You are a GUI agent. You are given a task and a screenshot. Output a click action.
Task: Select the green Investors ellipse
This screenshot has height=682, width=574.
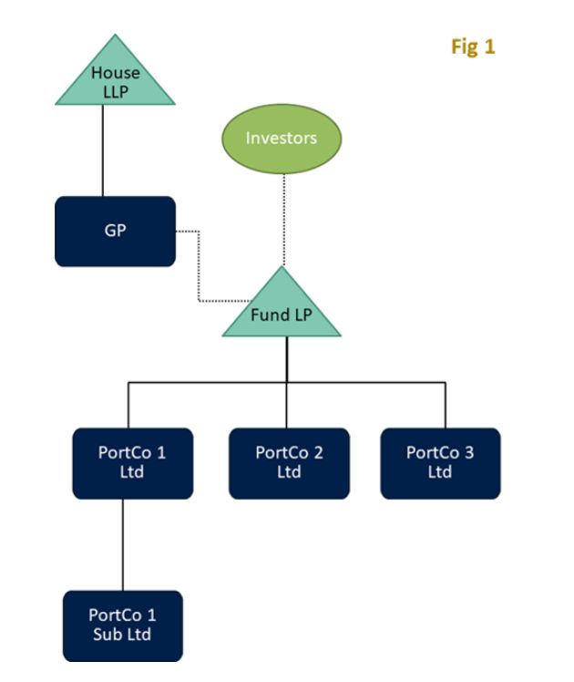(x=282, y=139)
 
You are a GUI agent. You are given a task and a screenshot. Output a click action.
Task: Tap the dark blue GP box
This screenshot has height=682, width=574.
(x=115, y=231)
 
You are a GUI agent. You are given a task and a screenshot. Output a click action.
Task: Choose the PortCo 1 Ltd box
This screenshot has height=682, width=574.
(x=132, y=463)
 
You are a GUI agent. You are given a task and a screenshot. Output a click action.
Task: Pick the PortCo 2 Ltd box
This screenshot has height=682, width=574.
(x=289, y=463)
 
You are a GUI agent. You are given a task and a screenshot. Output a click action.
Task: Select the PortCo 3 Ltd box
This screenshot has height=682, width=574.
(x=440, y=463)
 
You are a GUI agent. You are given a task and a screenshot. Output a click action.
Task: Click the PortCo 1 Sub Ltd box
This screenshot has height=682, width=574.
(x=122, y=625)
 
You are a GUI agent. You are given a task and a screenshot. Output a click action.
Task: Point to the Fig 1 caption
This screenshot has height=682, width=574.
(x=473, y=46)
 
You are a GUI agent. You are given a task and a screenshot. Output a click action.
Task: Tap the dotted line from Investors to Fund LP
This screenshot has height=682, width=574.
(x=282, y=219)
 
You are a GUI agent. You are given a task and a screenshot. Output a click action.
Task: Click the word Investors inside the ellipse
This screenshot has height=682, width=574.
(x=282, y=139)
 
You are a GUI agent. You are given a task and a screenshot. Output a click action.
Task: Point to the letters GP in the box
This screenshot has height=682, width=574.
(x=115, y=231)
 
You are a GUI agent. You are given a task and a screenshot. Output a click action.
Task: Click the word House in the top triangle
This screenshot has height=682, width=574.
(x=115, y=73)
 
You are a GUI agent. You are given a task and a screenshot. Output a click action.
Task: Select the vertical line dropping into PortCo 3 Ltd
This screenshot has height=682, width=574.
(x=446, y=405)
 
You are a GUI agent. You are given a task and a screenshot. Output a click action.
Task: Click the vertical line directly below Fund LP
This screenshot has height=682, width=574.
(x=287, y=359)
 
